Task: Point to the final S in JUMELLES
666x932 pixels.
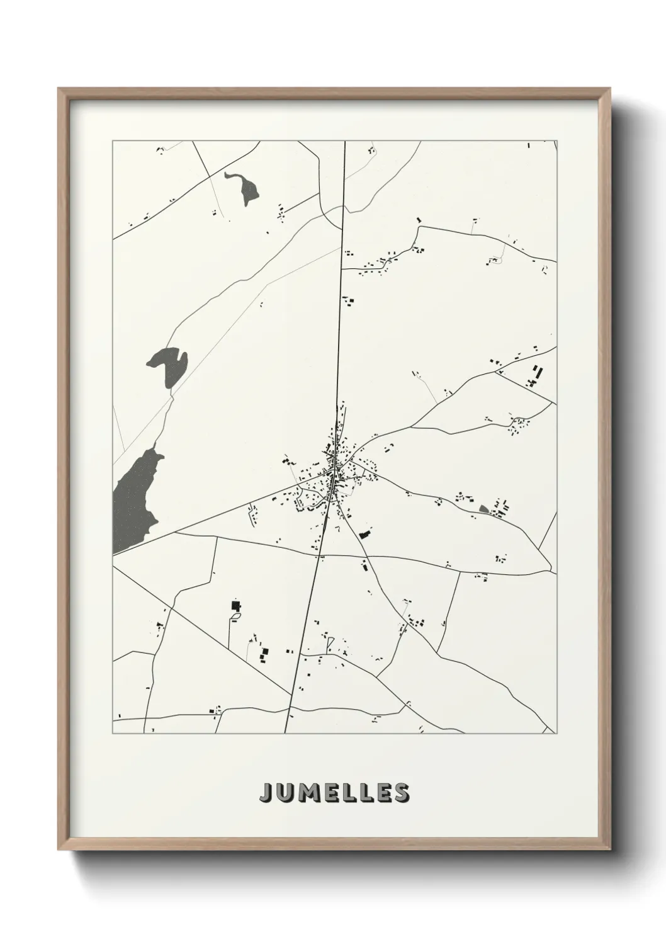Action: pyautogui.click(x=400, y=793)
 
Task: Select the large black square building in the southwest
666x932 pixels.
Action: pyautogui.click(x=236, y=606)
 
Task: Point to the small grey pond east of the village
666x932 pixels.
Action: pyautogui.click(x=483, y=508)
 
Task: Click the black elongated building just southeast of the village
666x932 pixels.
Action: pyautogui.click(x=363, y=534)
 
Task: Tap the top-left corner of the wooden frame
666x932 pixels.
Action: pyautogui.click(x=60, y=89)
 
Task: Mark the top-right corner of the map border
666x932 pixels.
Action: pyautogui.click(x=556, y=141)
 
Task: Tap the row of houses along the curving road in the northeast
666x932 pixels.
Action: pyautogui.click(x=378, y=264)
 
